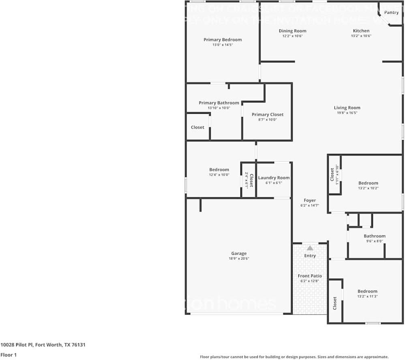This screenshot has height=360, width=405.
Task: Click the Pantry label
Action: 391,13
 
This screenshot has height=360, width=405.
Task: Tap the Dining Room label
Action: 292,31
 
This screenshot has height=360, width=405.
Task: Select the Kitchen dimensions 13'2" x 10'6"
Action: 361,36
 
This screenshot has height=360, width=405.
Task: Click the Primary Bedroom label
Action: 223,40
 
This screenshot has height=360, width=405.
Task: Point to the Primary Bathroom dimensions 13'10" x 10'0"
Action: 219,108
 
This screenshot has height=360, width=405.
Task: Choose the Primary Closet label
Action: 268,115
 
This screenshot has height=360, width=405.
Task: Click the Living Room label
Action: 347,108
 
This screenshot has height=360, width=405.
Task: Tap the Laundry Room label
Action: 274,178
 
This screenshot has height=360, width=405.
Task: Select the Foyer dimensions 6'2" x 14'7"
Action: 310,205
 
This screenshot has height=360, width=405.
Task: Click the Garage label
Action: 239,253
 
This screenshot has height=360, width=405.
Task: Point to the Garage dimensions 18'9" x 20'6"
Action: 239,258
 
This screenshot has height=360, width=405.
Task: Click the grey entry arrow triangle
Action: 310,248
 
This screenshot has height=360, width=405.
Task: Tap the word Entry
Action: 310,256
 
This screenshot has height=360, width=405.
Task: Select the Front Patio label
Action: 310,276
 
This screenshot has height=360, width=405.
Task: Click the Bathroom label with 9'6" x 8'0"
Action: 374,236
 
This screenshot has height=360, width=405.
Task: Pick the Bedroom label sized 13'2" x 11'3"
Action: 367,291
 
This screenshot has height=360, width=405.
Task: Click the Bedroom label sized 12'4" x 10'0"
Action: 219,170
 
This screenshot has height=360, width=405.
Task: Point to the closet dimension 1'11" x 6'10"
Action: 337,175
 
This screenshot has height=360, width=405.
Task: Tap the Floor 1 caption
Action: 8,355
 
